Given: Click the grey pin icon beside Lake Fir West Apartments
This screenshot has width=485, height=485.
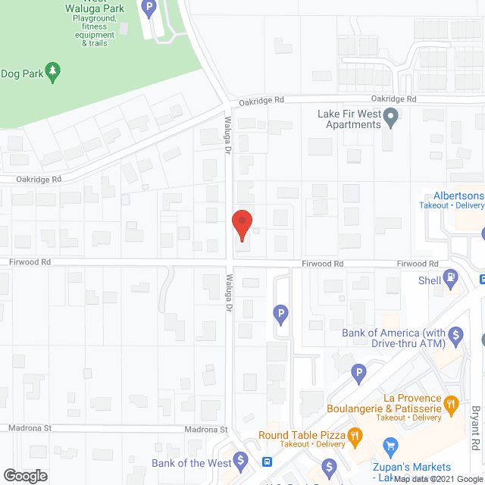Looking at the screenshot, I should pyautogui.click(x=391, y=117).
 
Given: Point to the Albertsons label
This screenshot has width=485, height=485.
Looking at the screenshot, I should pyautogui.click(x=453, y=195).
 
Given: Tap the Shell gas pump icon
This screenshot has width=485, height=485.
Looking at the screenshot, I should pyautogui.click(x=452, y=279).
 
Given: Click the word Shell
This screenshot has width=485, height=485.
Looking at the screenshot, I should pyautogui.click(x=430, y=280).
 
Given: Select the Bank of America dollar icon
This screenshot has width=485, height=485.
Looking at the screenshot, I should pyautogui.click(x=455, y=333).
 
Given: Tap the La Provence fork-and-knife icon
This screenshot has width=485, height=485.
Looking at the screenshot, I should pyautogui.click(x=452, y=403).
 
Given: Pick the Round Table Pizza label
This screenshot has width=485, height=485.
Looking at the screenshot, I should pyautogui.click(x=301, y=435).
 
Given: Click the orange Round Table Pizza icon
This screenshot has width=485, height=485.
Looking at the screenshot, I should pyautogui.click(x=354, y=436).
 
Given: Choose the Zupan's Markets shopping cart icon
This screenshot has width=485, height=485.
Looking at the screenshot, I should pyautogui.click(x=391, y=446).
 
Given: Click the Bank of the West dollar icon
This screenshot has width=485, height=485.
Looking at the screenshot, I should pyautogui.click(x=240, y=460).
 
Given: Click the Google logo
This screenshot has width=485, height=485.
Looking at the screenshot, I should pyautogui.click(x=24, y=475).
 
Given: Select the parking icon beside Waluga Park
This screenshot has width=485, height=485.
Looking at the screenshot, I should pyautogui.click(x=149, y=9).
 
